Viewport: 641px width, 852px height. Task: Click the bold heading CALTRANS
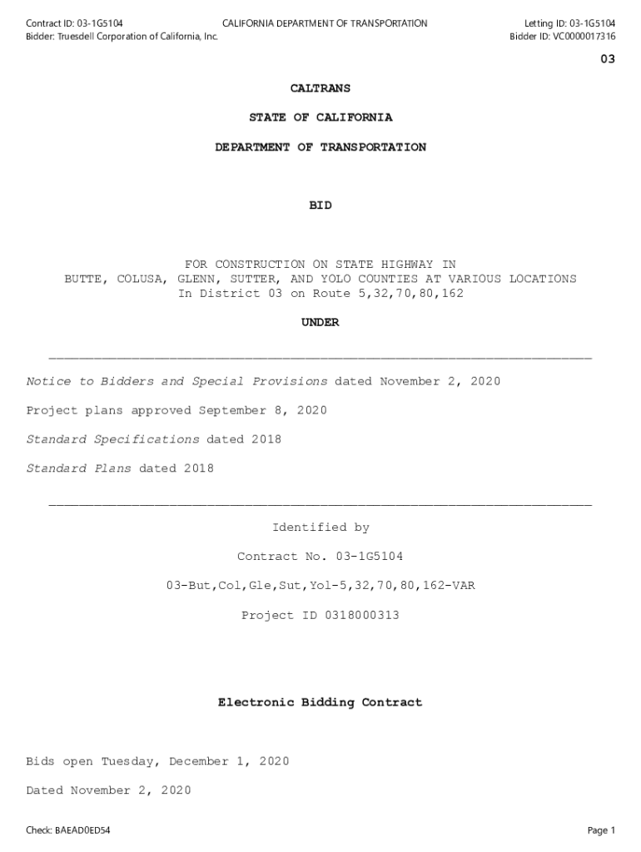pyautogui.click(x=320, y=88)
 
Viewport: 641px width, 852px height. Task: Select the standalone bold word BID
pyautogui.click(x=320, y=206)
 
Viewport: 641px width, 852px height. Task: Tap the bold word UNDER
pyautogui.click(x=320, y=323)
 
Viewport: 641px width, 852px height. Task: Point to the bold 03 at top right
pyautogui.click(x=608, y=59)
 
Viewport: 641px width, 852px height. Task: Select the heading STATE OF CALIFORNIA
pyautogui.click(x=320, y=117)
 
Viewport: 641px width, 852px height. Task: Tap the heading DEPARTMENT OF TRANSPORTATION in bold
pyautogui.click(x=320, y=147)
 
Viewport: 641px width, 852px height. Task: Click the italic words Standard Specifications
pyautogui.click(x=112, y=439)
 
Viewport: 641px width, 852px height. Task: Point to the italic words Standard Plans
pyautogui.click(x=78, y=468)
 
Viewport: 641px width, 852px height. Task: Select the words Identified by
pyautogui.click(x=320, y=528)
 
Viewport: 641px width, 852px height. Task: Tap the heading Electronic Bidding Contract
pyautogui.click(x=320, y=703)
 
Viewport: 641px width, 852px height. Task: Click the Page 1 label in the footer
pyautogui.click(x=600, y=830)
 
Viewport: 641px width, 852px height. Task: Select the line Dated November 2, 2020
pyautogui.click(x=108, y=790)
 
